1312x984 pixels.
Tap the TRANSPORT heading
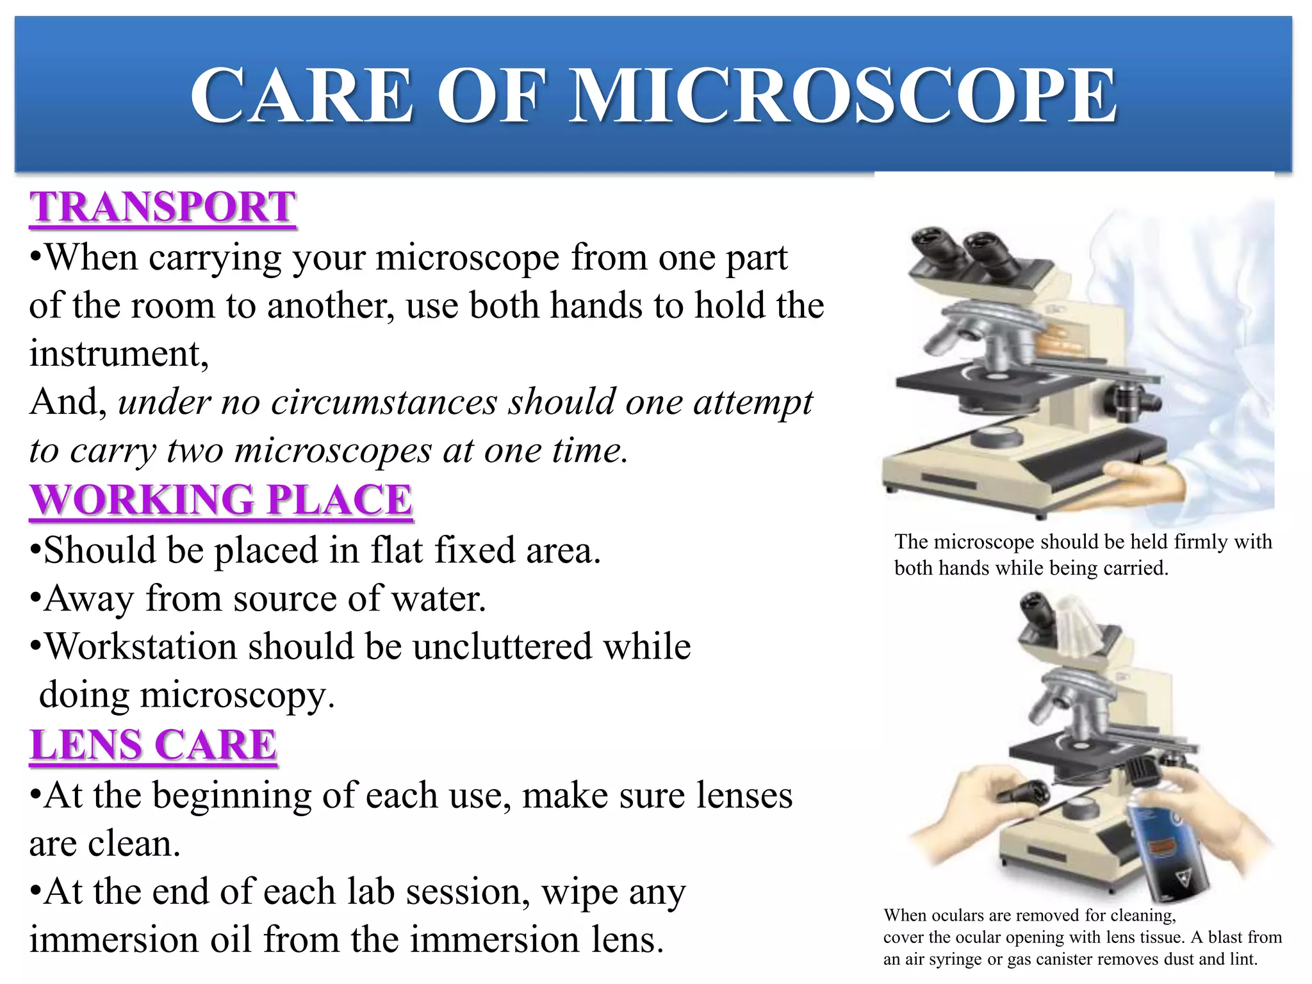point(163,208)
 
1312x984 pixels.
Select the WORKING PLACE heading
point(222,500)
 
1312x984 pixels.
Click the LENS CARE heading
point(153,745)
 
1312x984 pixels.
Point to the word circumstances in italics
point(384,403)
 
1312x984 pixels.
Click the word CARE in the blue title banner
point(302,96)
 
